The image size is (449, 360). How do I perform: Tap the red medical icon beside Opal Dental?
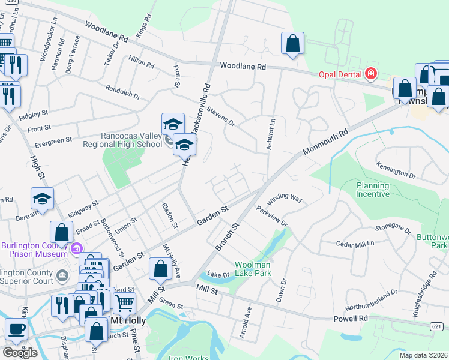point(371,74)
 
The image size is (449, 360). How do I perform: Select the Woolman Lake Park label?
point(247,269)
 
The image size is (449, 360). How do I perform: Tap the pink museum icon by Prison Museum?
point(76,248)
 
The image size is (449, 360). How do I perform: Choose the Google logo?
point(20,353)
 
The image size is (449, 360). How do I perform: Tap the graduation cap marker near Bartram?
point(43,198)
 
